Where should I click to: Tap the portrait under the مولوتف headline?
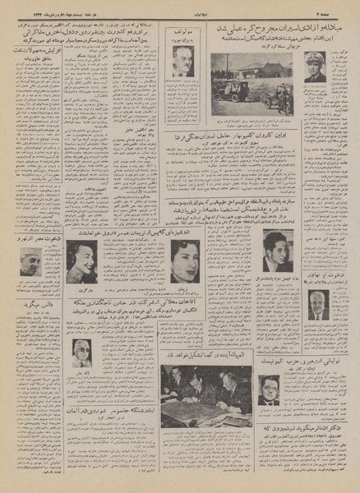coord(182,61)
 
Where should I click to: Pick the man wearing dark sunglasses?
coord(82,352)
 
